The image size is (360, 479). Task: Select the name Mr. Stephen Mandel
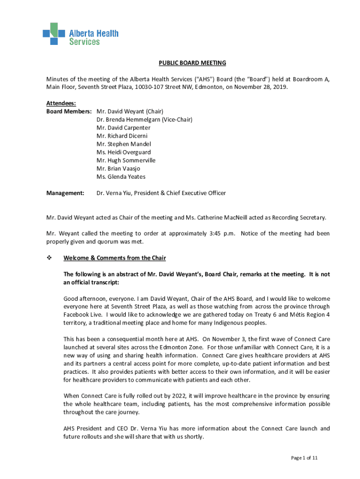point(123,144)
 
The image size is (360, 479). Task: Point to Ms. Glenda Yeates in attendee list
point(121,177)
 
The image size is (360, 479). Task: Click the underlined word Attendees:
point(61,103)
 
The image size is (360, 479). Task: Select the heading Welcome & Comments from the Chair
point(115,258)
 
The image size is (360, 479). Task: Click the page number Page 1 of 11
point(304,458)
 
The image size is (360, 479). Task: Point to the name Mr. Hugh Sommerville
point(126,160)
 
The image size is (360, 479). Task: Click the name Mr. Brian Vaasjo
point(118,168)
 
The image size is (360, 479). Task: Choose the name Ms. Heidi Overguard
point(123,152)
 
